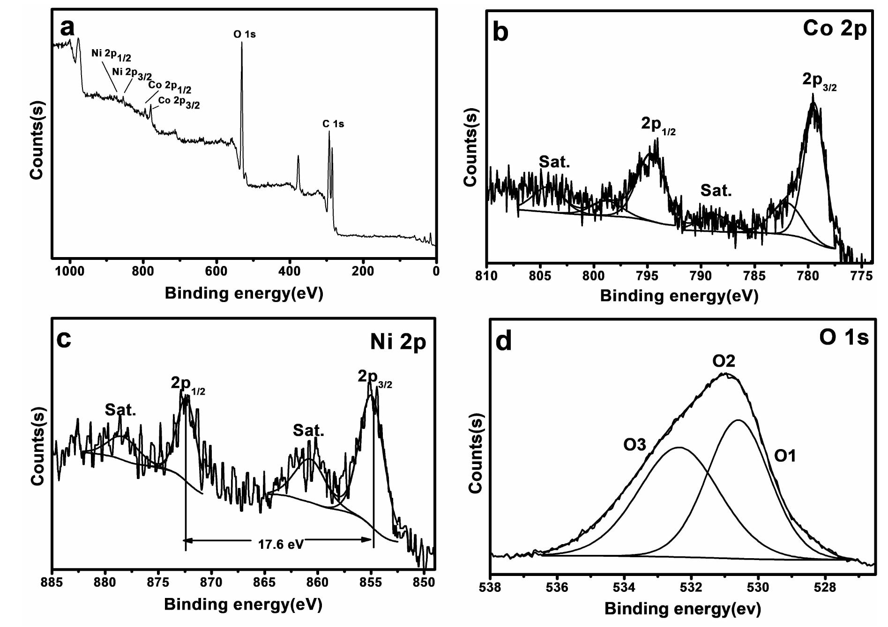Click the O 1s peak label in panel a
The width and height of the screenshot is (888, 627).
pos(244,35)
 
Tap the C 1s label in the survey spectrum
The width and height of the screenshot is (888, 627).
pos(333,124)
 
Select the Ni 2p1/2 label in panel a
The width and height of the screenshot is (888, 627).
pos(111,55)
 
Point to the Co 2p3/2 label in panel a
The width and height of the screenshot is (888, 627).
pos(179,102)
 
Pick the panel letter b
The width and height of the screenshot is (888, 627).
pos(501,33)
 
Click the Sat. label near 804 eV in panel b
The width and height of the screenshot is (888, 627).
pos(554,162)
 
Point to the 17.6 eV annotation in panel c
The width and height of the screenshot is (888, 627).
pos(281,544)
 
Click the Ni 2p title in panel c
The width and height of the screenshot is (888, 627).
pos(398,342)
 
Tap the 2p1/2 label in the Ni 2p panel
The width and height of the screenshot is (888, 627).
pos(187,384)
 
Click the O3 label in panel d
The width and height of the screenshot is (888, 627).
pos(634,444)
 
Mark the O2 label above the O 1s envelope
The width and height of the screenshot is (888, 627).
pos(724,361)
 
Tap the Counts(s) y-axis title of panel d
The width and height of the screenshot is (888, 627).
pos(476,453)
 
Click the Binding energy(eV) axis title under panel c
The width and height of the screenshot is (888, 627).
pos(243,605)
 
